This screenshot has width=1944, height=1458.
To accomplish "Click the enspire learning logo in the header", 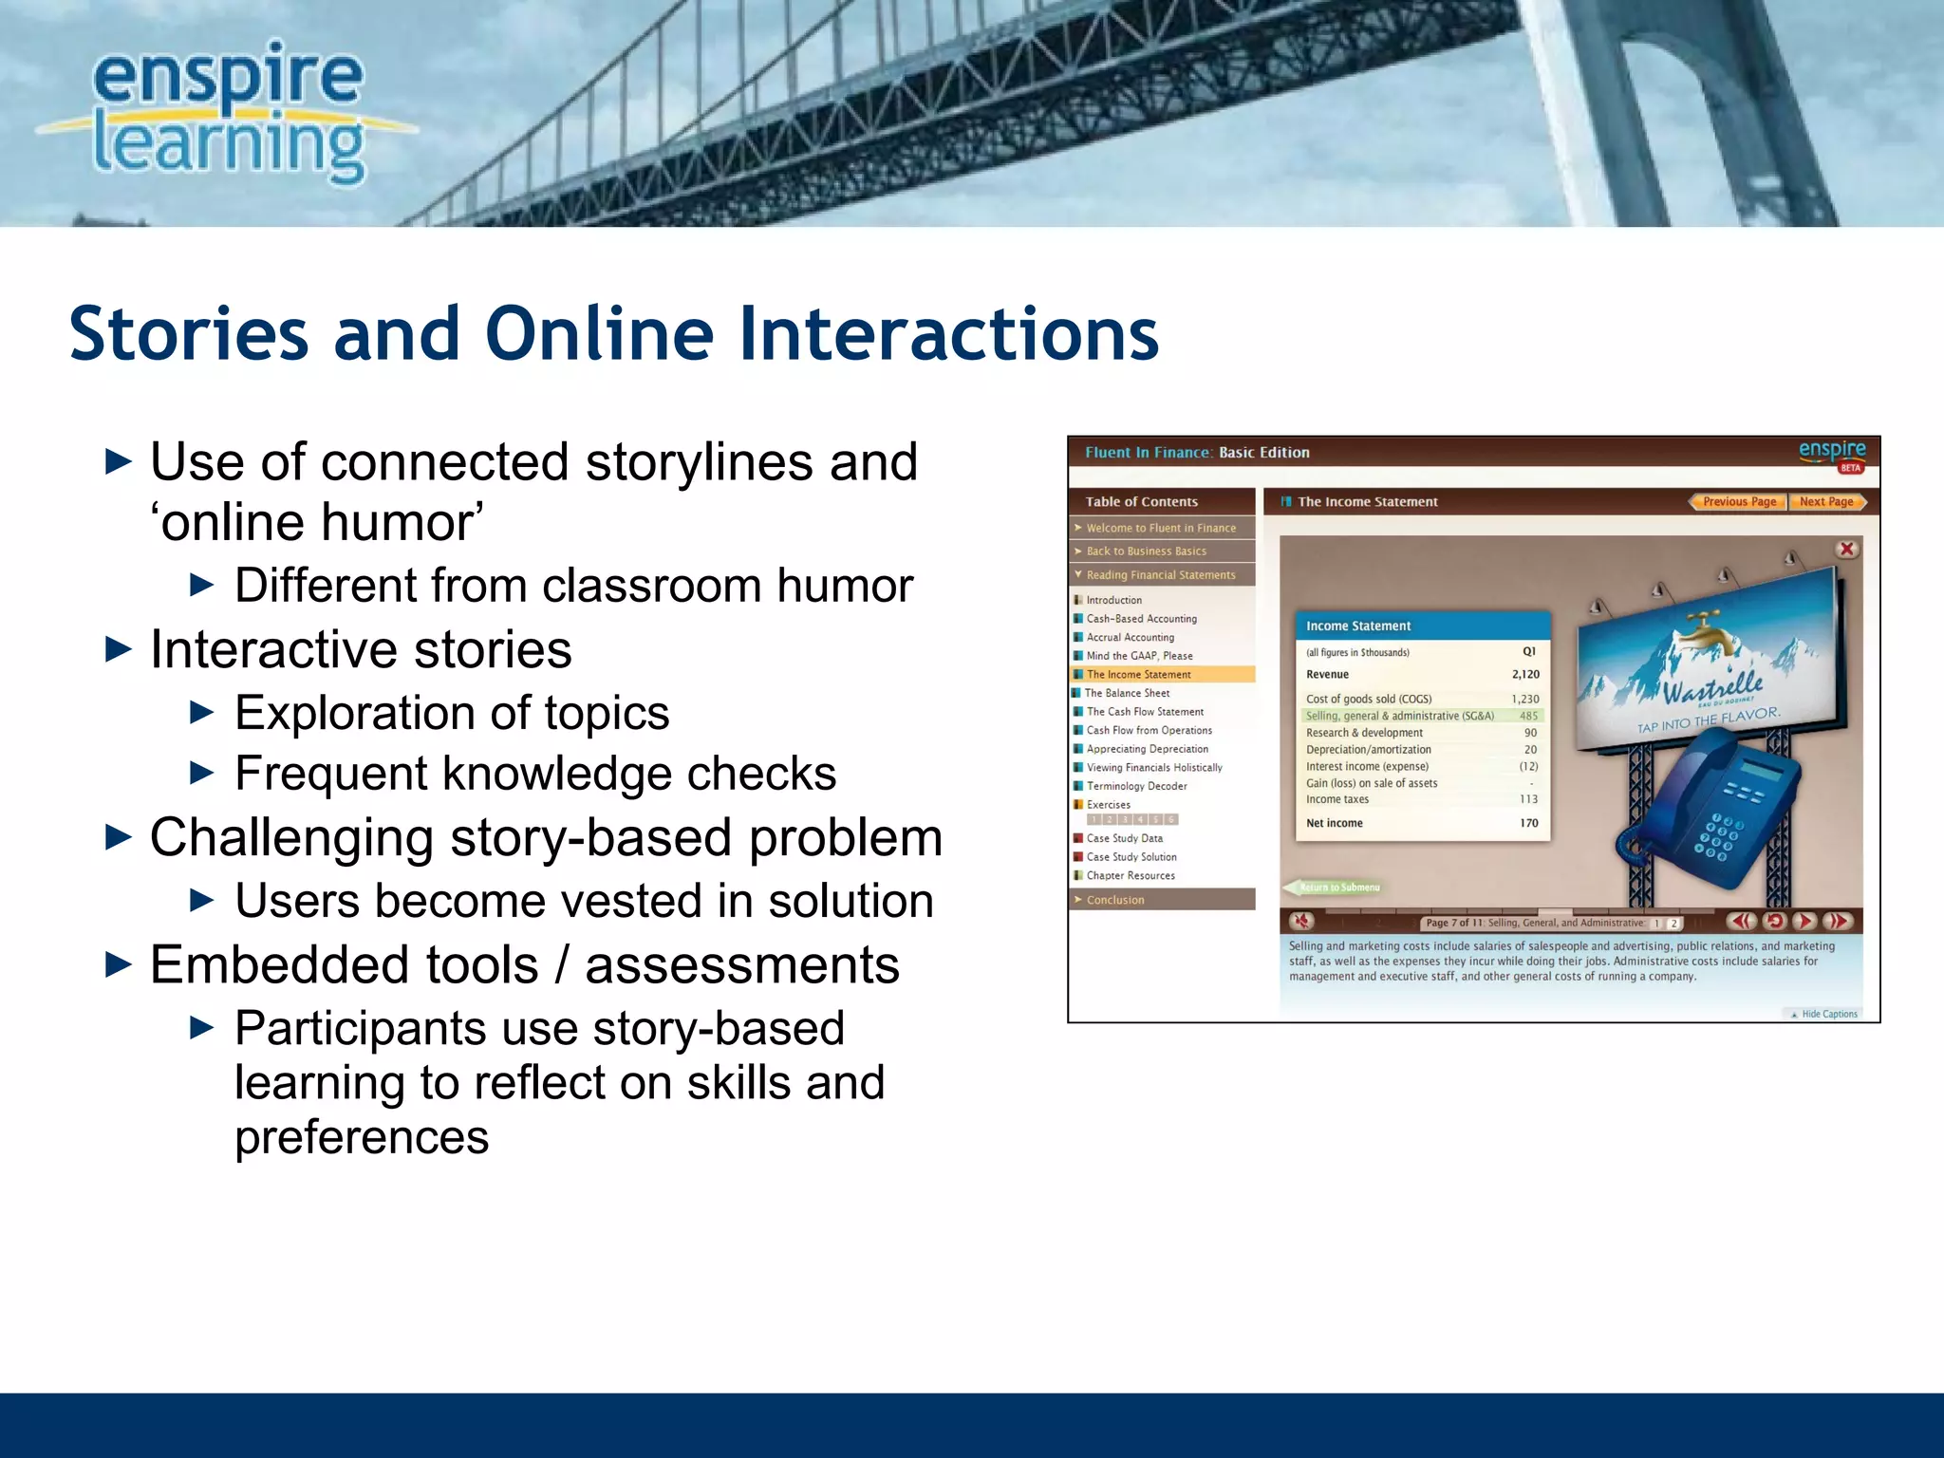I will click(x=228, y=112).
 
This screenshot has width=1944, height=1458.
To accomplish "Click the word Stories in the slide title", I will click(x=189, y=334).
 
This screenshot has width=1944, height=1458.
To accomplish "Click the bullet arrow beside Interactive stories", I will click(x=118, y=650).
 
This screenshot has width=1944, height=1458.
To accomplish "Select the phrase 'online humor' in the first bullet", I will click(x=317, y=522).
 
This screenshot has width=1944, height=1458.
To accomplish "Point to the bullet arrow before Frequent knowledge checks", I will click(x=202, y=774).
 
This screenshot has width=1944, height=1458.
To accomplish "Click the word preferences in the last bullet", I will click(x=362, y=1137).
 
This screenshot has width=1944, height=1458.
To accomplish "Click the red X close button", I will click(x=1846, y=550).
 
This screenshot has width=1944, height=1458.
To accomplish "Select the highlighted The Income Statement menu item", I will click(x=1138, y=675).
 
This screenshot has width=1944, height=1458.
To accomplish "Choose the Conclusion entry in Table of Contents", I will click(x=1115, y=900).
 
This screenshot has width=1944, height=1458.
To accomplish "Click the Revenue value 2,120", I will click(x=1524, y=675).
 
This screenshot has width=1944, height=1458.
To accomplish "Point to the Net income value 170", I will click(x=1528, y=823).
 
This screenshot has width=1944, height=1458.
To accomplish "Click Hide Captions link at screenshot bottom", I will click(x=1828, y=1014).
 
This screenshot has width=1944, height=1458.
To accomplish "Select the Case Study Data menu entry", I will click(x=1124, y=838).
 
